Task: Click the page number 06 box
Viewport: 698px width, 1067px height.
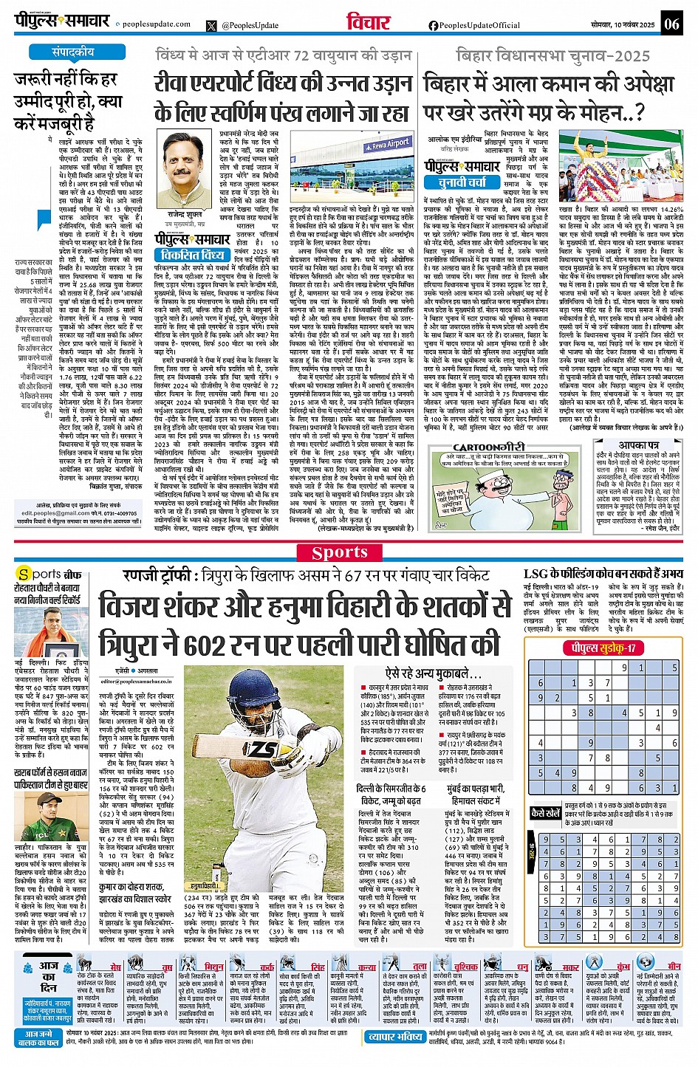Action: point(671,24)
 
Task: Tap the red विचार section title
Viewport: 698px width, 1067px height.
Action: point(368,23)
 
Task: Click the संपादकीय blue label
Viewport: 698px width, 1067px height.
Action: point(72,52)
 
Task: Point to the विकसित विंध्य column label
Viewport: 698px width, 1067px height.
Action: point(193,255)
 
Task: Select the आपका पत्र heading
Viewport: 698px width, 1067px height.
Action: point(639,445)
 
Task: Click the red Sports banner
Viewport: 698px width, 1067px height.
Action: point(340,552)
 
